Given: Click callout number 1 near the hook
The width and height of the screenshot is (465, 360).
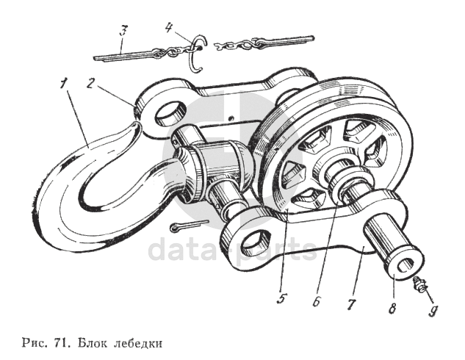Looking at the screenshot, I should [x=66, y=82].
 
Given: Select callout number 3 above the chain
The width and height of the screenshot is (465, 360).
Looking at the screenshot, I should [x=124, y=32].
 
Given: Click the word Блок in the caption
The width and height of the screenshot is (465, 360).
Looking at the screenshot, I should [x=93, y=342].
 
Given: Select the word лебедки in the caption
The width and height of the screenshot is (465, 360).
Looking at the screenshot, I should [x=136, y=342].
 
